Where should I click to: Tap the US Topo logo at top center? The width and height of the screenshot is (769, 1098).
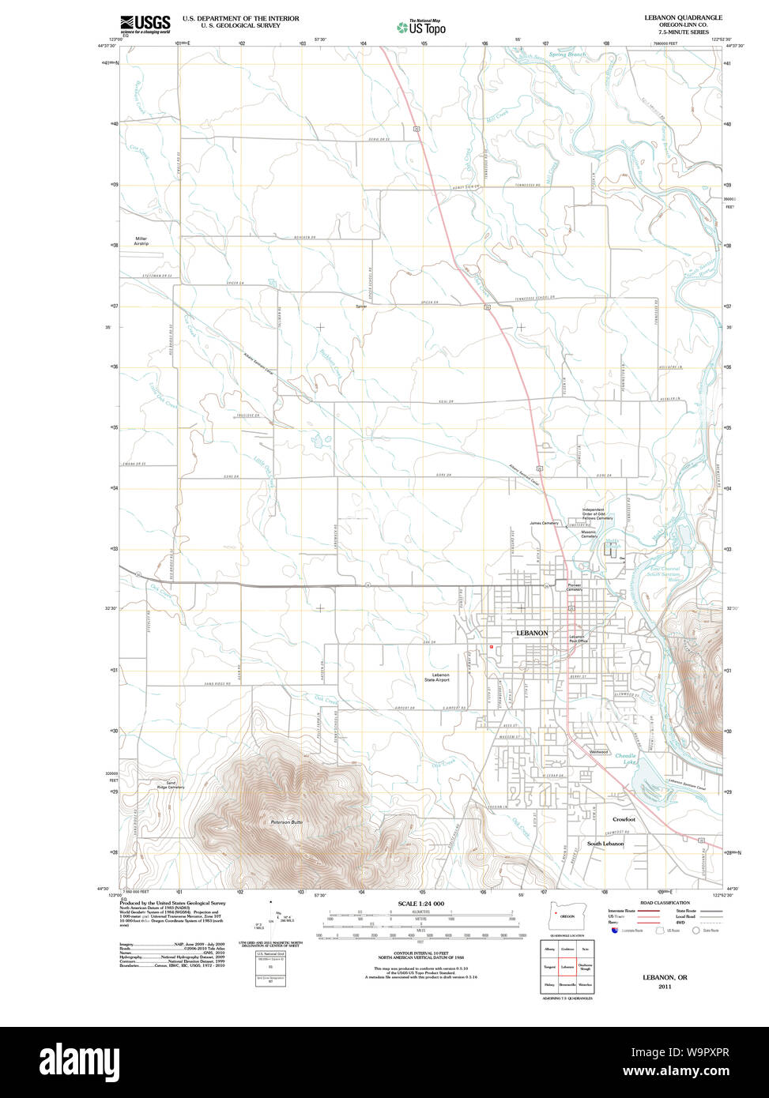point(421,27)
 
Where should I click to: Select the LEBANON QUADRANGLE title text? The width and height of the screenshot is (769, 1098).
point(683,17)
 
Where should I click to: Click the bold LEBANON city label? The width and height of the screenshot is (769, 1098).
point(532,633)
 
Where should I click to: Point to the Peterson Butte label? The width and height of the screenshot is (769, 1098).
point(286,822)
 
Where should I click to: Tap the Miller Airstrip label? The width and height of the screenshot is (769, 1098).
point(141,241)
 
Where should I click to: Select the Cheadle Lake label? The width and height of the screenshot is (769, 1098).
point(625,758)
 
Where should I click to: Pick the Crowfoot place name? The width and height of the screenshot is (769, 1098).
point(624,819)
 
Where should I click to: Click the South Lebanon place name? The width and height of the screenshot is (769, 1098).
point(605,844)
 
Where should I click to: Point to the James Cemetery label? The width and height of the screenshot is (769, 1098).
point(544,523)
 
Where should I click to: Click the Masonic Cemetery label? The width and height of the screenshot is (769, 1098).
point(594,535)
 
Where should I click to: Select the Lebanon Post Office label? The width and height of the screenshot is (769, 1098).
point(578,639)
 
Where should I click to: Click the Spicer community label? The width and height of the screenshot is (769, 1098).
point(361,306)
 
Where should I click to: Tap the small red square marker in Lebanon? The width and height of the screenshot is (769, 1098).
point(492,646)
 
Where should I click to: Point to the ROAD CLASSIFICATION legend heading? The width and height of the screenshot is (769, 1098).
point(665,902)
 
